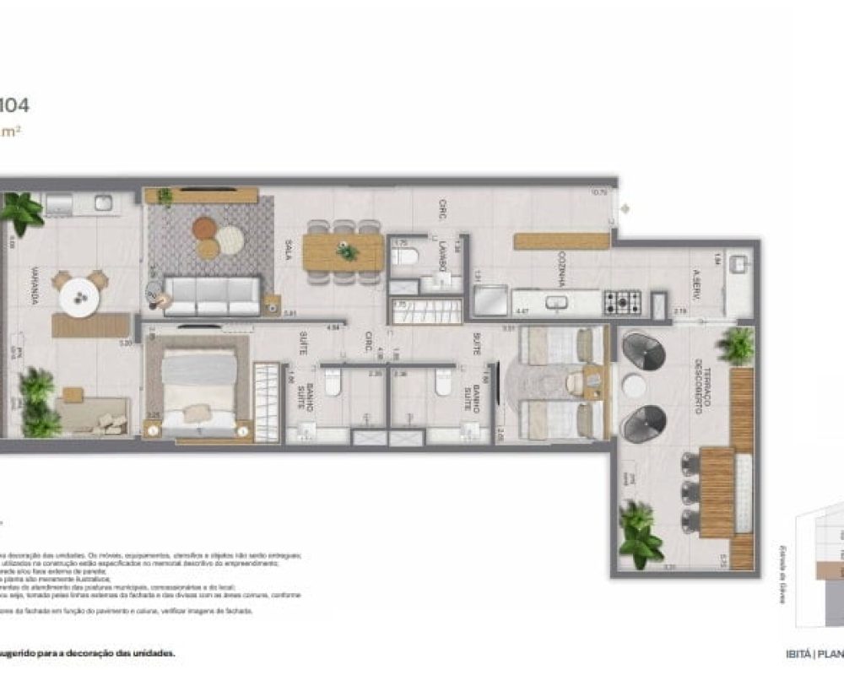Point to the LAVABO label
tap(442, 254)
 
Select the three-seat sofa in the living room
tap(211, 294)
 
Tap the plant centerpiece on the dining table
tap(346, 251)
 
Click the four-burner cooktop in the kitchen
tap(621, 302)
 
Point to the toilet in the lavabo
tap(405, 256)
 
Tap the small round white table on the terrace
tap(634, 387)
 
